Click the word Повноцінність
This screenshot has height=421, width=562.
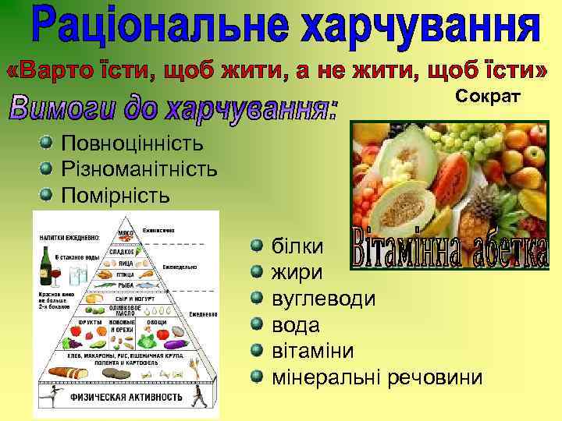point(132,143)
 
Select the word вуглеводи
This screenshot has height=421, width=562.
point(322,299)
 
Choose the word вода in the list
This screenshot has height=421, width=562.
point(295,325)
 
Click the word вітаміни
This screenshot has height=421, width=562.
point(312,351)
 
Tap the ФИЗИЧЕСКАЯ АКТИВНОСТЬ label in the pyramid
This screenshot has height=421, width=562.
point(125,394)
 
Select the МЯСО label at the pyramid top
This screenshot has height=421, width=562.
point(125,232)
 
